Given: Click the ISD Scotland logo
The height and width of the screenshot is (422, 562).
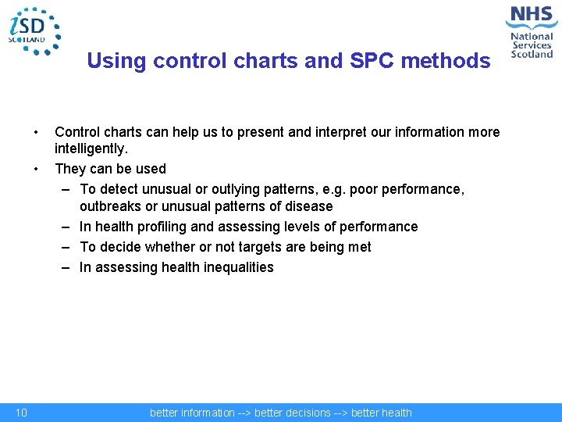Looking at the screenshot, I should coord(34,30).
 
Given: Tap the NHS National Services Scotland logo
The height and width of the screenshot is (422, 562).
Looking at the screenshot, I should coord(531,31).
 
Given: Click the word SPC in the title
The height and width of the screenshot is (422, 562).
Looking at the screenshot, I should coord(336,60).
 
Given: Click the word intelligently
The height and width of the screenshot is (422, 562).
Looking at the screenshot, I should coord(91,148).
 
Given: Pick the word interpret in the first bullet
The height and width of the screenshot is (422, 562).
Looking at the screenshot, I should coord(336,132).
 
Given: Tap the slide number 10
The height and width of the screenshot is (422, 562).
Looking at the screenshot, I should coord(22,413).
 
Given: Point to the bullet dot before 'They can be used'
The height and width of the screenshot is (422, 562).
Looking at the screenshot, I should coord(36,169).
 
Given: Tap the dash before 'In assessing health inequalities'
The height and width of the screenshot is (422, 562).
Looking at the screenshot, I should coord(68,267).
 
